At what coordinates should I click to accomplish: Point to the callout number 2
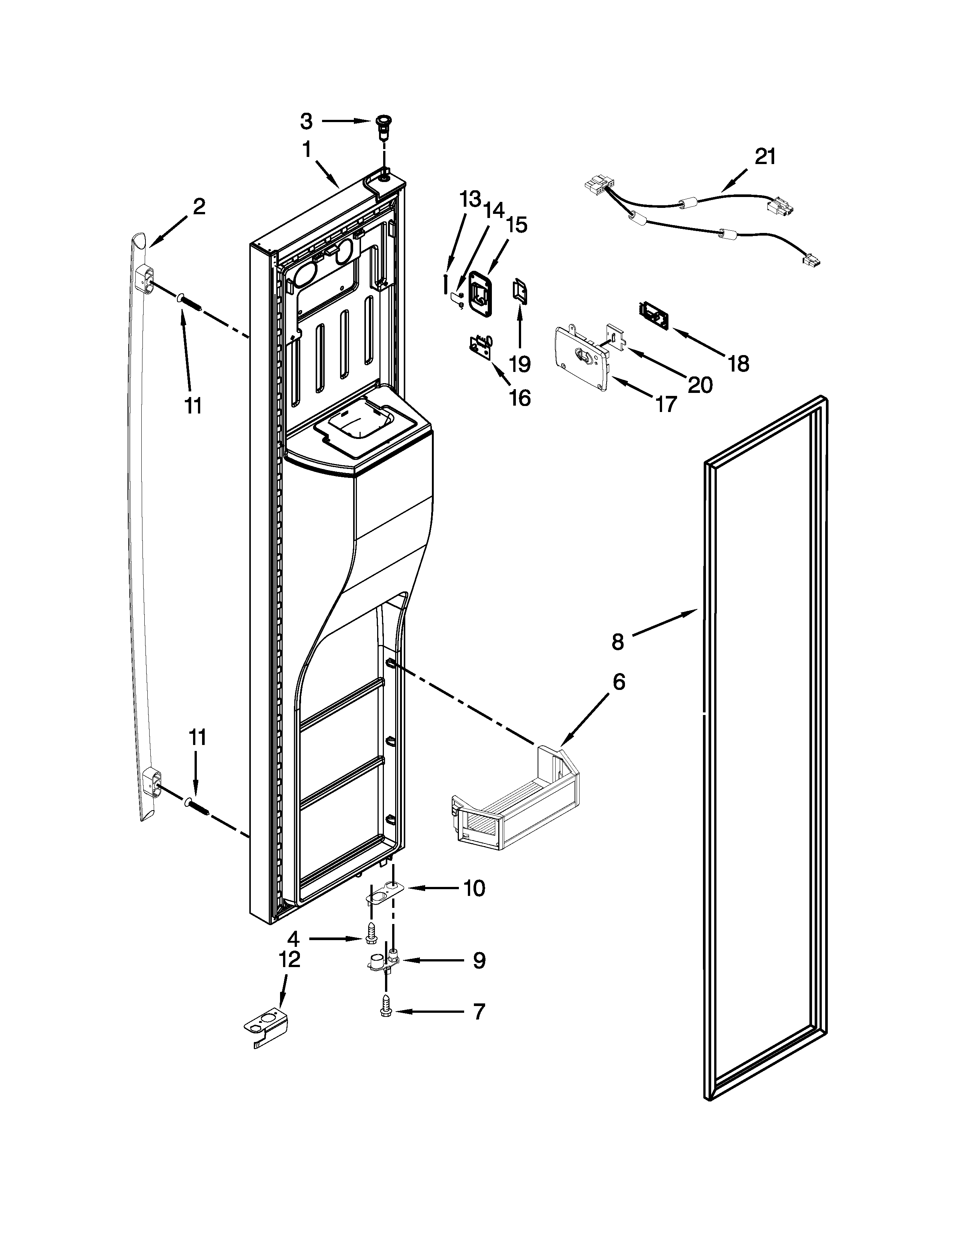(x=199, y=207)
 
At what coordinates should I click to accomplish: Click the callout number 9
(x=479, y=960)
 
